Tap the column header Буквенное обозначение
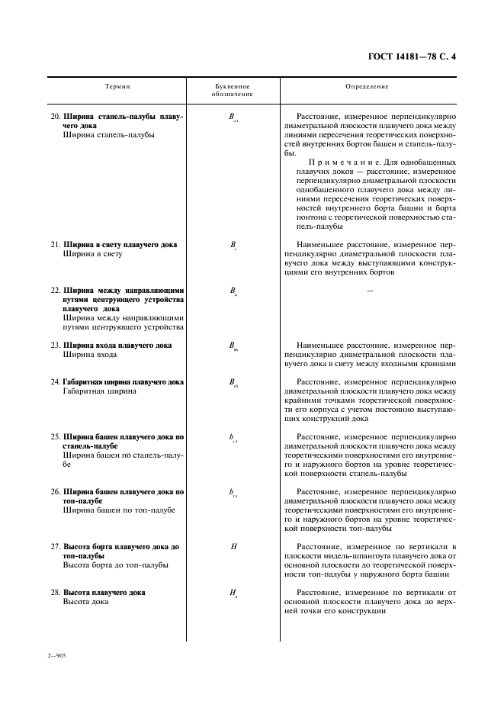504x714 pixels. click(233, 91)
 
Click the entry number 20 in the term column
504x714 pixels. click(55, 117)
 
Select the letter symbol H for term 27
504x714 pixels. click(233, 547)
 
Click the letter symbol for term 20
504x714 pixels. click(233, 117)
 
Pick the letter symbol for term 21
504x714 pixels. click(233, 246)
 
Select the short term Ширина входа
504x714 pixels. click(90, 355)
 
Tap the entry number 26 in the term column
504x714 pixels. click(55, 492)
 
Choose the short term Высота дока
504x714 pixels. click(85, 602)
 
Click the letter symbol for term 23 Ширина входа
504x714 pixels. click(233, 346)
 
